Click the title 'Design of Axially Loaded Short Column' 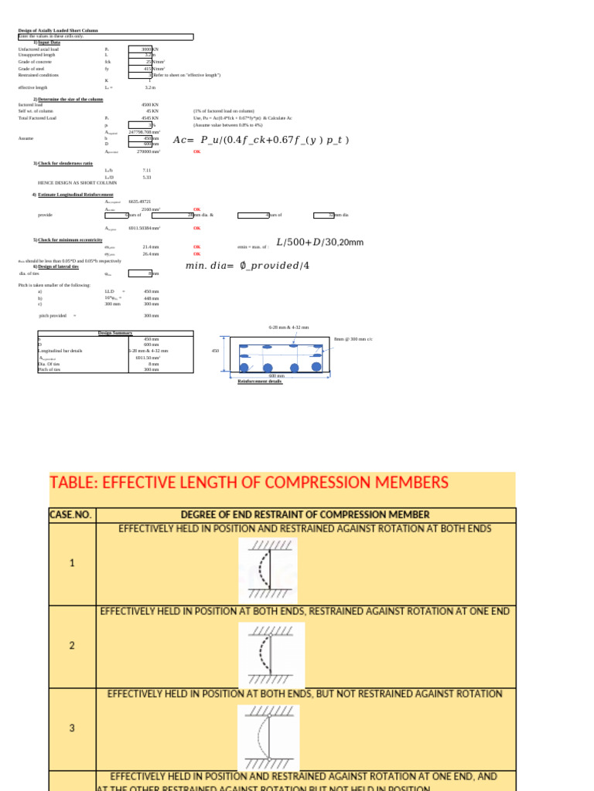58,31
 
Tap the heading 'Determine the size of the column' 70,100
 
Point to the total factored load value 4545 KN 149,118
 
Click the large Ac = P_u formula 261,140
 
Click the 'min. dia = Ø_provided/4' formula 247,266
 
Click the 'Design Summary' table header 115,333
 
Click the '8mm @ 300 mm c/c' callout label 353,339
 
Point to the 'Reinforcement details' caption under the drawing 260,382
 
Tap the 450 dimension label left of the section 215,350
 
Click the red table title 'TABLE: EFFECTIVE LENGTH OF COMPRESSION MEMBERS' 249,483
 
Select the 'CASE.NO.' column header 71,514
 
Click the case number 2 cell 72,645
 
